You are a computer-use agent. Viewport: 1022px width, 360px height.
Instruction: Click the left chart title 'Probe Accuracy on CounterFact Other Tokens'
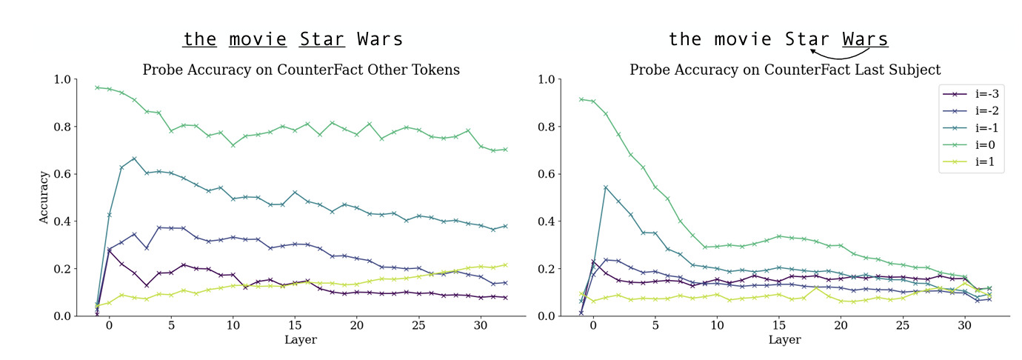click(x=301, y=70)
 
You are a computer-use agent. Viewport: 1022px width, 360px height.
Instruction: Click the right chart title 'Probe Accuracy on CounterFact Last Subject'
click(x=785, y=70)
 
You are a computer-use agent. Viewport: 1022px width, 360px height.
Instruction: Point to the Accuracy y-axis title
click(x=45, y=197)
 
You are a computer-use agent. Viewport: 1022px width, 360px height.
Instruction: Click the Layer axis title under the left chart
click(x=301, y=340)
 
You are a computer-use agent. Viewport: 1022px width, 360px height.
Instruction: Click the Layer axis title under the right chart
click(x=785, y=340)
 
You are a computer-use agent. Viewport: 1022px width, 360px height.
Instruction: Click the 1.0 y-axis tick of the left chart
click(x=62, y=79)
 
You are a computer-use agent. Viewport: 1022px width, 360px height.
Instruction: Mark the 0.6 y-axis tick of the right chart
click(x=547, y=174)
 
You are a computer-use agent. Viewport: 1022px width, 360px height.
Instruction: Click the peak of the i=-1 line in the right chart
click(x=606, y=187)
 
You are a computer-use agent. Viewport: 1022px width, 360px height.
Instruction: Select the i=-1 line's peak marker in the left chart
click(x=134, y=159)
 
